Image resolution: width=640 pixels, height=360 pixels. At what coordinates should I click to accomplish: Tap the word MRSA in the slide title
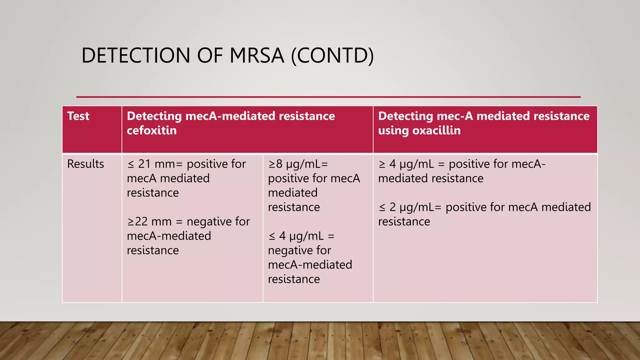tap(257, 56)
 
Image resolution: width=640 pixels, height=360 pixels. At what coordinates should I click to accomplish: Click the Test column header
tap(78, 116)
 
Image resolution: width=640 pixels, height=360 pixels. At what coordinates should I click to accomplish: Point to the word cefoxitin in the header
tap(152, 131)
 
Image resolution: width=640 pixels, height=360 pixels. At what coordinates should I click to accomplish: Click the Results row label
tap(85, 164)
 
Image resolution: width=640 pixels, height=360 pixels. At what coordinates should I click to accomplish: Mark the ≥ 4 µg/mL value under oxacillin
tap(406, 164)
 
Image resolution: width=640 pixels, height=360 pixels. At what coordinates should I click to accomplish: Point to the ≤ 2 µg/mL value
tap(406, 207)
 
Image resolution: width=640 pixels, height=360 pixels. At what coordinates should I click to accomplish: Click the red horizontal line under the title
tap(328, 97)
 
